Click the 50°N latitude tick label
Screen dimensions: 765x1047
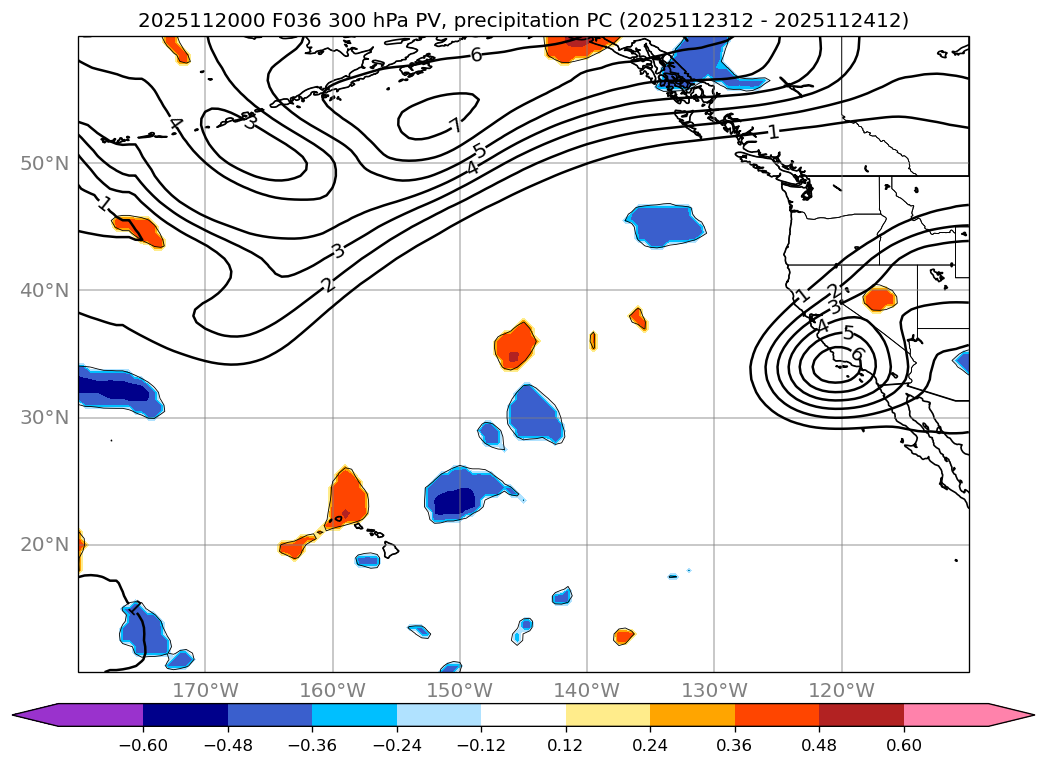pos(45,163)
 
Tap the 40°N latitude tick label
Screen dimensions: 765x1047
pos(45,290)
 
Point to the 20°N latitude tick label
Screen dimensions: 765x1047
pos(45,545)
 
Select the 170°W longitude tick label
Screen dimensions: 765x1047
pos(205,690)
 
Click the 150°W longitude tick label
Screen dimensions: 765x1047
pos(460,690)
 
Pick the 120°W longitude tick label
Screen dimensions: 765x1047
pos(841,690)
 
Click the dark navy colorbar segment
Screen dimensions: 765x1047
pos(185,715)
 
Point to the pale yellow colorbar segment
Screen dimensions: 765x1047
pos(608,715)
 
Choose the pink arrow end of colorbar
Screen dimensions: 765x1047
pos(1010,715)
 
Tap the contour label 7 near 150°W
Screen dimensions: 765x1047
pos(455,126)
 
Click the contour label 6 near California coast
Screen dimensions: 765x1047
pos(857,354)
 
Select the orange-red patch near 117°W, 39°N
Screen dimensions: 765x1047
pos(879,298)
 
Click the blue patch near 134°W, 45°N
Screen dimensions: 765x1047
pos(666,225)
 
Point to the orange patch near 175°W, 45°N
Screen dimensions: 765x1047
pos(140,230)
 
